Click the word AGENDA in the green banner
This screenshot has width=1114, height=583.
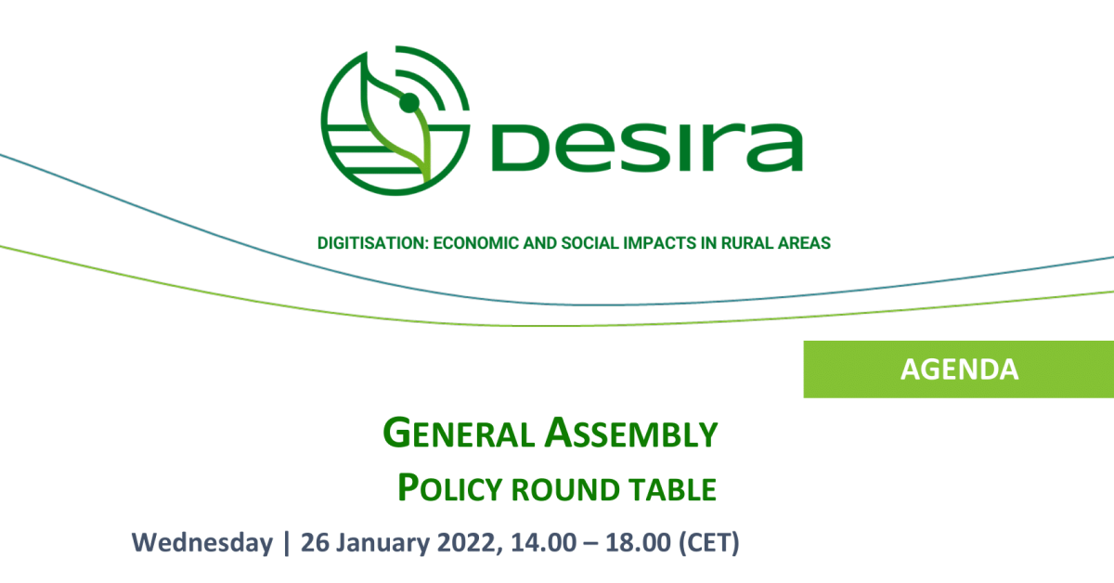959,369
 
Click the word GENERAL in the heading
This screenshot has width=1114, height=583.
459,433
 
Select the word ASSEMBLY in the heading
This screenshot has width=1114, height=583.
631,433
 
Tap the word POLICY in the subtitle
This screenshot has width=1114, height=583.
450,487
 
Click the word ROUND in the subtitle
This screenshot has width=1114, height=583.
565,489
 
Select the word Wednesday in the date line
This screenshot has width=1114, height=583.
202,542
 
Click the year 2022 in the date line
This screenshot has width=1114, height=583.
466,542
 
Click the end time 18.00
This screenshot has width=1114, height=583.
639,542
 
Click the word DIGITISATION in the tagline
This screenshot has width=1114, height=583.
372,242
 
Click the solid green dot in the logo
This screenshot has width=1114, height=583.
409,103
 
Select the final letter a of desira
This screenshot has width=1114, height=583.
775,148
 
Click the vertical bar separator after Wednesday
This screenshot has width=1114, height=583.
287,543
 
